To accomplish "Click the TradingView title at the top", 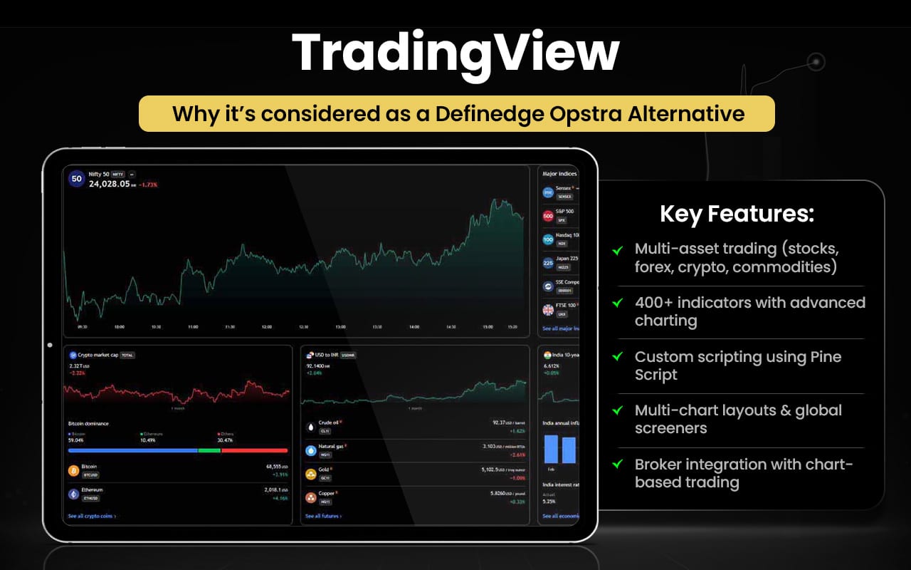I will [x=455, y=54].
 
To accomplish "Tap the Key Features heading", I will [x=737, y=214].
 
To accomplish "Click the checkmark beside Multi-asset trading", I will [x=617, y=249].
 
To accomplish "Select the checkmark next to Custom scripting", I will [x=617, y=357].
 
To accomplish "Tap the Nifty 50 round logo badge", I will [x=77, y=179].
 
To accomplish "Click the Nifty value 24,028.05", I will [x=109, y=184].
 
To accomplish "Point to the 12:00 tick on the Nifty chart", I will [x=266, y=327].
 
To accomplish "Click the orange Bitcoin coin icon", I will [x=73, y=470].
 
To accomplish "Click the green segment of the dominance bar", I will [x=209, y=450].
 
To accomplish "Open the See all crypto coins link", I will [x=92, y=516].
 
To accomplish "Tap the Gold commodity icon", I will [x=310, y=474].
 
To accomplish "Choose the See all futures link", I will [x=323, y=516].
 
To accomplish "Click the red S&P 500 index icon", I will [x=548, y=216].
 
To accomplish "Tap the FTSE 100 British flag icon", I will [x=548, y=310].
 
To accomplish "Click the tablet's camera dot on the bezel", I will [x=50, y=346].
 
